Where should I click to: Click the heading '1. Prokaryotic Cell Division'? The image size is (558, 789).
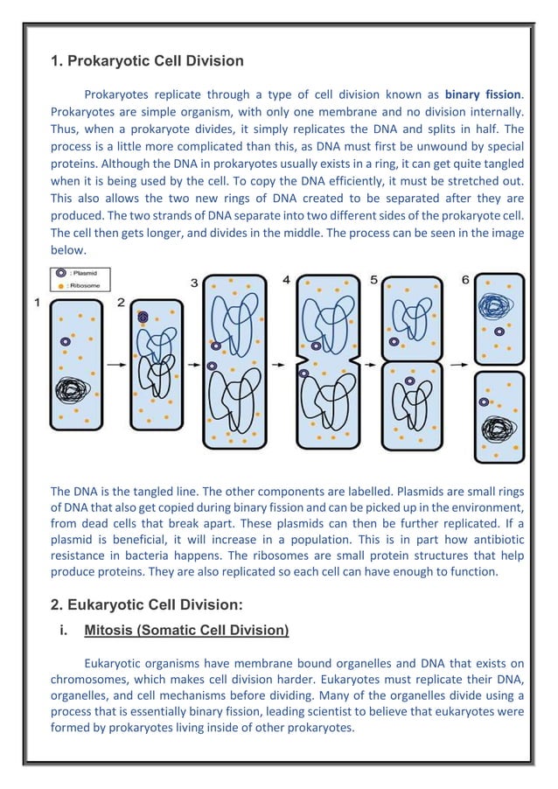(146, 61)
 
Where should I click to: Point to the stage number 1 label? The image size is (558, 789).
(38, 303)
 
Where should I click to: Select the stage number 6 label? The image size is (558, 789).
(465, 280)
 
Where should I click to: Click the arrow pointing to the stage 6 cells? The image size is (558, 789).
(457, 360)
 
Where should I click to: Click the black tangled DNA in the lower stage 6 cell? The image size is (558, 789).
(499, 429)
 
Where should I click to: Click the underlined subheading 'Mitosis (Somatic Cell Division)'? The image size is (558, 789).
(186, 630)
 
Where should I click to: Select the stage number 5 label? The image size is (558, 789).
(373, 280)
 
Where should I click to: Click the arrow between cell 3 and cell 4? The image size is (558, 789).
(280, 360)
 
